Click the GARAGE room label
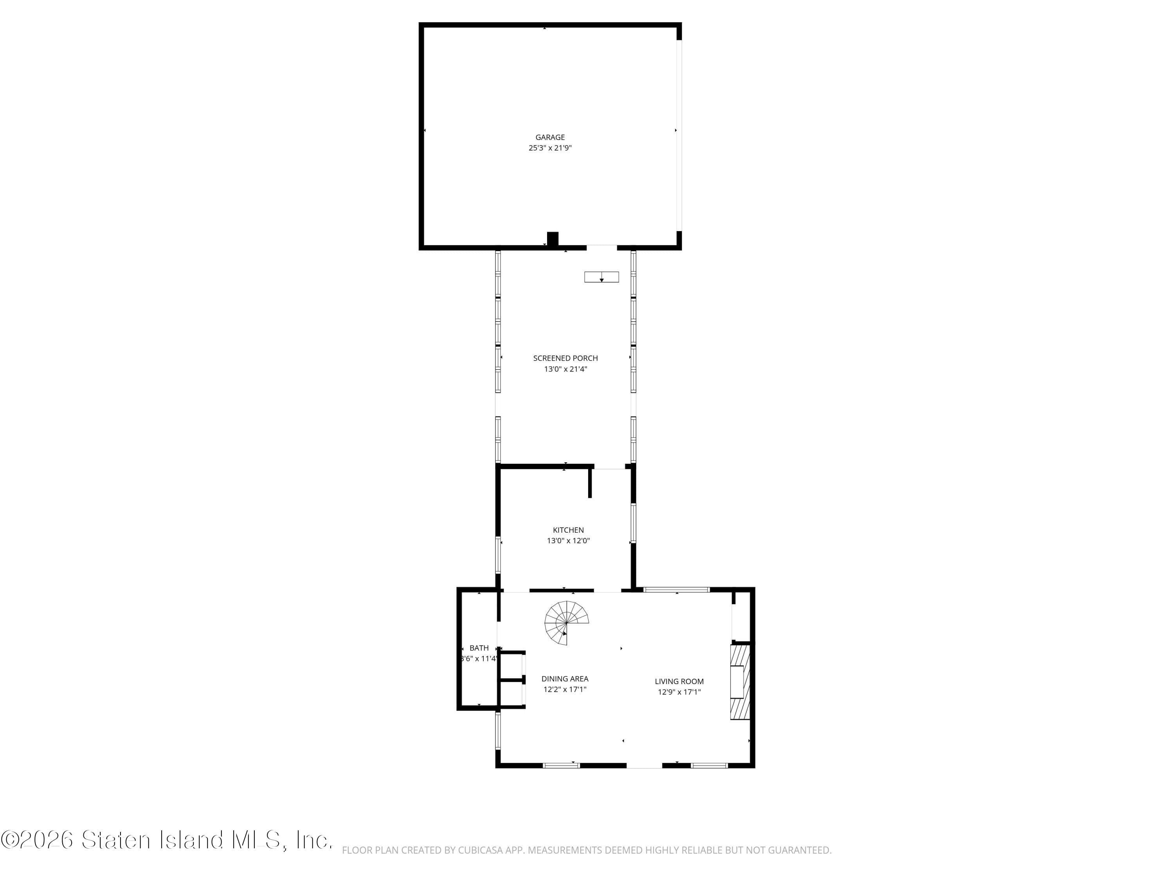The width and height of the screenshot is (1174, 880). point(549,137)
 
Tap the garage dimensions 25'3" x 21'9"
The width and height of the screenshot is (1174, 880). point(549,148)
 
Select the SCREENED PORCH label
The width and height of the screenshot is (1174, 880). point(565,358)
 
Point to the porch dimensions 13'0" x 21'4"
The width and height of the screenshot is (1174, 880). point(565,369)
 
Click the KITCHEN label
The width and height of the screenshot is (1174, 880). point(568,530)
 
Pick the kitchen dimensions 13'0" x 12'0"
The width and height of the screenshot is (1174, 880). point(568,541)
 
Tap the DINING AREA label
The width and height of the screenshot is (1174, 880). point(565,679)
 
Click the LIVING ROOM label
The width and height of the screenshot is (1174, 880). point(679,681)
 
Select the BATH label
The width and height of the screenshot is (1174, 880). point(479,648)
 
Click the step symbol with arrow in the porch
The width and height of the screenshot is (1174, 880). point(601,277)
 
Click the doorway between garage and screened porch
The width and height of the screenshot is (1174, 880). point(601,248)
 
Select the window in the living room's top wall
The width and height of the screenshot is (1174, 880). point(676,589)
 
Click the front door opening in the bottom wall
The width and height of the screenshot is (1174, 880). point(644,765)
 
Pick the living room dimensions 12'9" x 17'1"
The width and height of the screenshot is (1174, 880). point(679,692)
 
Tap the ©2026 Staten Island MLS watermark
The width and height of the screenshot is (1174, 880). point(167,840)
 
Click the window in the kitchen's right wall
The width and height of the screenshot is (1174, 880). point(633,523)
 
